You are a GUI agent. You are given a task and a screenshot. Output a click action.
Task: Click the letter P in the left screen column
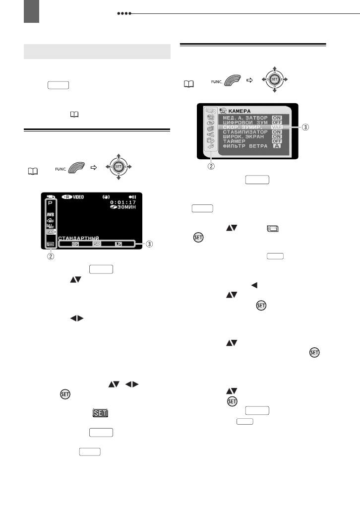[50, 203]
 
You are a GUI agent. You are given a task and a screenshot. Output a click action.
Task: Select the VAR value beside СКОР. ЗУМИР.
[277, 128]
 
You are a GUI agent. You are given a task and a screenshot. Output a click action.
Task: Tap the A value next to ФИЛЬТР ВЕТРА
[277, 146]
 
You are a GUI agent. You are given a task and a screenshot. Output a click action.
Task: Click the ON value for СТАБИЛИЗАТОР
[277, 132]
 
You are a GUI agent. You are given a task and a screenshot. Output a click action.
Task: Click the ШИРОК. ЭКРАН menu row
[242, 136]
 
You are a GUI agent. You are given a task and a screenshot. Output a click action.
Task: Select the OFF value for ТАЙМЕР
[277, 141]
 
